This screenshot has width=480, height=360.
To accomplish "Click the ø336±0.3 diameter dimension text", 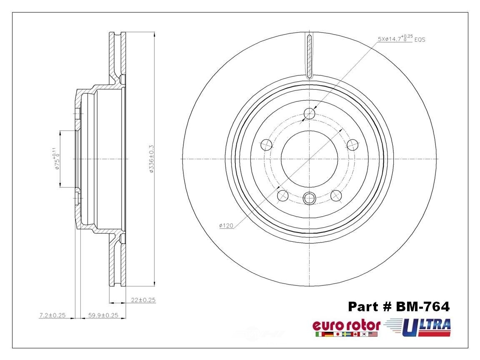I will tap(152, 159).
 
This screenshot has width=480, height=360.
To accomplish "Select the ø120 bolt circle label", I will tap(225, 225).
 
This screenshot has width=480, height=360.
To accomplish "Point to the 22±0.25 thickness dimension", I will tap(142, 300).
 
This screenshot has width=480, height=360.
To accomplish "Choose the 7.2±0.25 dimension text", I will tap(52, 315).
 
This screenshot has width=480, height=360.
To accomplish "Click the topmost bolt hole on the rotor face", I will tap(309, 113).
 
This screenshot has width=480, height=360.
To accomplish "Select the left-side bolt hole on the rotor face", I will tap(266, 145).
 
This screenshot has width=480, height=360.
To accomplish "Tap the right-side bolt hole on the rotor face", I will tap(352, 145).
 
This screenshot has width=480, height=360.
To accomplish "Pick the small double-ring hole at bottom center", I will tap(309, 198).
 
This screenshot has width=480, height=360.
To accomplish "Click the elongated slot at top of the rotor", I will tap(309, 56).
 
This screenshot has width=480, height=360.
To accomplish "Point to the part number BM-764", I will tap(399, 307).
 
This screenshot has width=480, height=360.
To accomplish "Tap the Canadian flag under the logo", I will tap(355, 334).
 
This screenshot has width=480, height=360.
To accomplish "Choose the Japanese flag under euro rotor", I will tap(337, 334).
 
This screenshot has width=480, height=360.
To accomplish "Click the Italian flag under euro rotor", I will tap(320, 334).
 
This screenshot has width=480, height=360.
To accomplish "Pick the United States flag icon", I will tap(373, 334).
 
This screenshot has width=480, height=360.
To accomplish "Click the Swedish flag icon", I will tap(346, 334).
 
